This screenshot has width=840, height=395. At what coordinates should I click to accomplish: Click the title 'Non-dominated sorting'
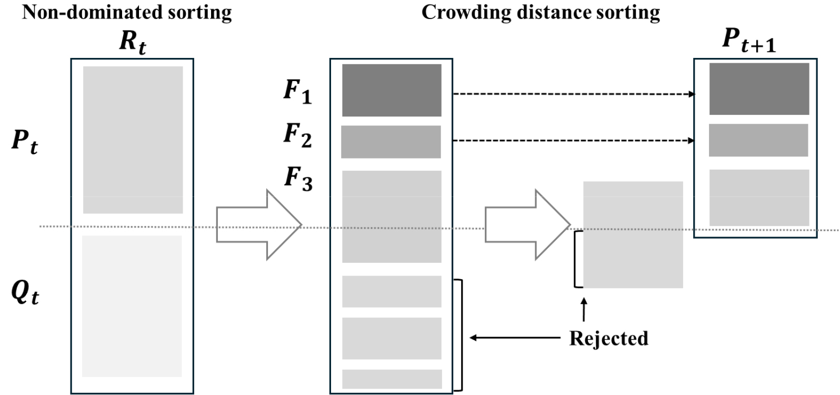[127, 13]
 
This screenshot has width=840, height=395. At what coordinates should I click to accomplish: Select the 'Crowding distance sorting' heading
[541, 13]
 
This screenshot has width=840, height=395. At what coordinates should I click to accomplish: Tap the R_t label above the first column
[133, 42]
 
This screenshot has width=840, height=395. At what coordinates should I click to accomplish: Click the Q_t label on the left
[25, 293]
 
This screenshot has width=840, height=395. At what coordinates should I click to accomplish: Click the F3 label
[298, 179]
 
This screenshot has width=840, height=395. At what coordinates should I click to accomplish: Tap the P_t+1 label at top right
[749, 41]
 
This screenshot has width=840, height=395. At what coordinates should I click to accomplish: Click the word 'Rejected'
[608, 338]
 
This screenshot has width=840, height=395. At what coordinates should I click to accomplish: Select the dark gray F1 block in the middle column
[392, 90]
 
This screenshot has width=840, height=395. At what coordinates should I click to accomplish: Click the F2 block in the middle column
[391, 142]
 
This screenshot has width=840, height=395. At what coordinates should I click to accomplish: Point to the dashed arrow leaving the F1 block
[574, 94]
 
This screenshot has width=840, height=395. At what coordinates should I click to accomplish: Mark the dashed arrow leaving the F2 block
[574, 141]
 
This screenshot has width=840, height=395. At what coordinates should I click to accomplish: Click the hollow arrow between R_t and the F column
[259, 225]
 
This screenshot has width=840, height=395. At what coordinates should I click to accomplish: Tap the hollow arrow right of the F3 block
[527, 225]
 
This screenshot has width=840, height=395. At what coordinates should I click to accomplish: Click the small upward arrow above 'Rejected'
[584, 310]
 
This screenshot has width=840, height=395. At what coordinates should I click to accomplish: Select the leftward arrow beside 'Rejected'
[515, 338]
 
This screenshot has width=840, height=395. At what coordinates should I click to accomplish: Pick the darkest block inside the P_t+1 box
[759, 89]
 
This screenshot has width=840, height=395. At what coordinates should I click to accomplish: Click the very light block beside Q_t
[132, 306]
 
